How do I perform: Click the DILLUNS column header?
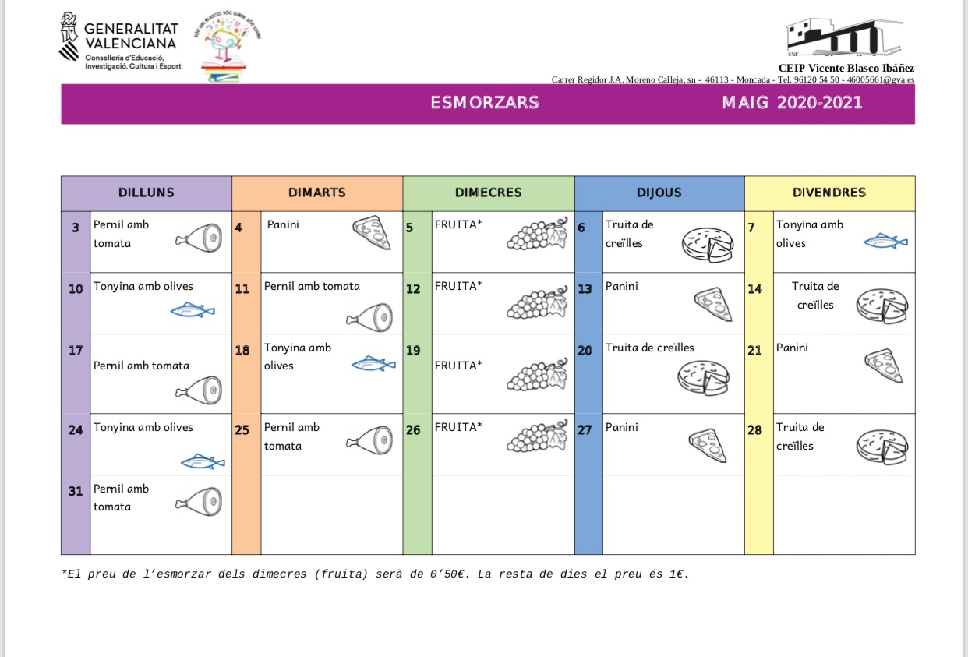(x=147, y=193)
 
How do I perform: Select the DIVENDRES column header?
(x=829, y=193)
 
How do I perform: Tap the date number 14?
(x=754, y=289)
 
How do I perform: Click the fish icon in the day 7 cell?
(x=885, y=242)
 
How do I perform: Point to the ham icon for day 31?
(x=199, y=502)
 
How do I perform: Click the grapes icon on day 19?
(x=537, y=374)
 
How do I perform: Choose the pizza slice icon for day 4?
(x=373, y=232)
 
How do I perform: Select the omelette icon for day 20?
(x=705, y=377)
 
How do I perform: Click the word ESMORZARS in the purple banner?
(x=484, y=103)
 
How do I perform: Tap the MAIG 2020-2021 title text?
(x=792, y=103)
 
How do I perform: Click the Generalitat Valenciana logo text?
(x=130, y=37)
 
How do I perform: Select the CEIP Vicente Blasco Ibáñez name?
(x=846, y=69)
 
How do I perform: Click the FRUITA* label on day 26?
(x=458, y=427)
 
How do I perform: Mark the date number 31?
(x=76, y=491)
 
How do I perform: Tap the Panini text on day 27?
(x=621, y=427)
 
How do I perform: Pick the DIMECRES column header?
(x=488, y=193)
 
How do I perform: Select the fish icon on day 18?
(x=373, y=363)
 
